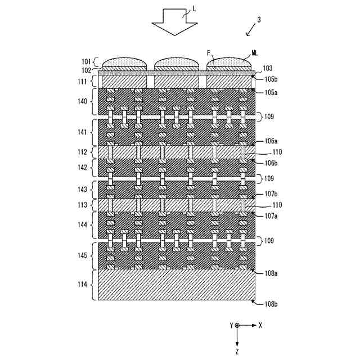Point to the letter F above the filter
point(209,53)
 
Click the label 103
point(268,67)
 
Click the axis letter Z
point(237,350)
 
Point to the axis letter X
point(261,325)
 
